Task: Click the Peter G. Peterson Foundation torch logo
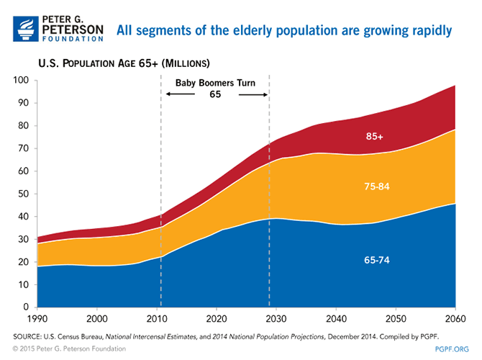pos(22,27)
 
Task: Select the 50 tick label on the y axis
pos(23,194)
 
